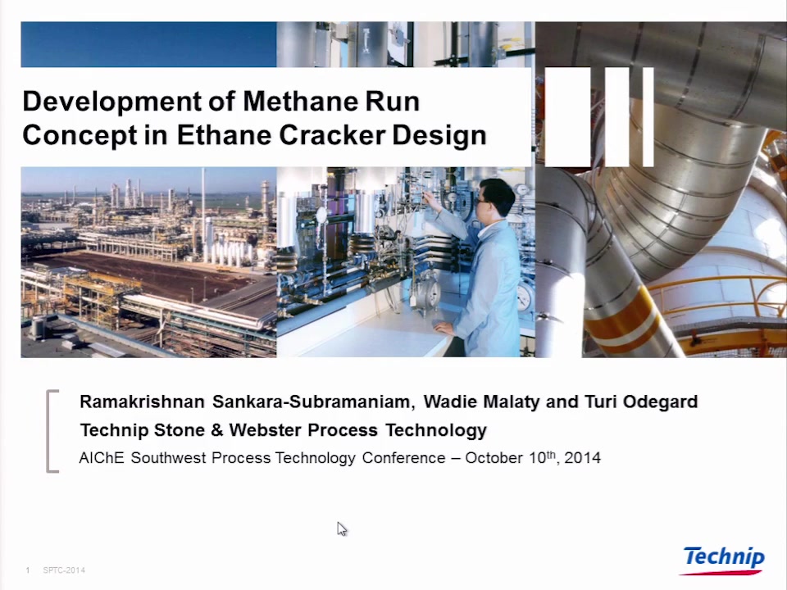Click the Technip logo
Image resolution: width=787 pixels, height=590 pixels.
(723, 560)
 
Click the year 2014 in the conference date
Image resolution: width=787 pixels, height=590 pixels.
(582, 457)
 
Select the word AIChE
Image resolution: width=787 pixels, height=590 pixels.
(102, 457)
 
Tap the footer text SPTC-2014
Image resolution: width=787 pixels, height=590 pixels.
(64, 570)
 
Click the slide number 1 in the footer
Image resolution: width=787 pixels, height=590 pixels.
(28, 570)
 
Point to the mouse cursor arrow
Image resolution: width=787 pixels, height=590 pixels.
(342, 529)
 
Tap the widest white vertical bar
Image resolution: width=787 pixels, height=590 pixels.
(567, 117)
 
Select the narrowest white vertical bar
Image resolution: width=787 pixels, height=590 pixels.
(648, 117)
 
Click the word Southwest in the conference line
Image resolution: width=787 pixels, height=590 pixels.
(168, 457)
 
